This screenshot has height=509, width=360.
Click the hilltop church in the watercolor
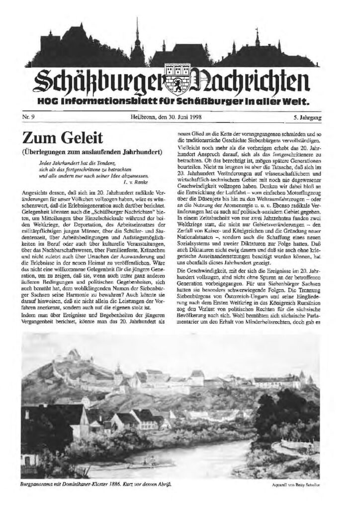point(75,354)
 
